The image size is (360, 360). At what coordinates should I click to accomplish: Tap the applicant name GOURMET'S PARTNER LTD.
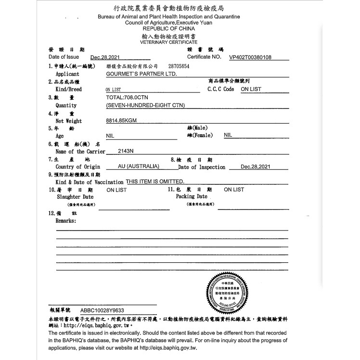coord(141,74)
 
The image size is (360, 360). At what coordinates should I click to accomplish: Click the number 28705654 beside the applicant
coord(179,65)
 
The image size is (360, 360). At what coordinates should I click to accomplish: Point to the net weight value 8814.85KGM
coord(122,121)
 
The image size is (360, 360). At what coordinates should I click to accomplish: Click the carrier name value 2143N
coord(126,151)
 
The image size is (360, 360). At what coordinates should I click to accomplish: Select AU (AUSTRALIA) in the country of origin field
coord(139,167)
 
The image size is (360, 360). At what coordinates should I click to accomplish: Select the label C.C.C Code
coord(220,89)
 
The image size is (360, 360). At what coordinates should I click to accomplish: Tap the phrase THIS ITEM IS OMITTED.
coord(155,181)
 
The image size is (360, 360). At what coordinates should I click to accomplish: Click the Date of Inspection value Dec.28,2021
coord(256,167)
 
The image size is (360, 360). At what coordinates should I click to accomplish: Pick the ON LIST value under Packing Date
coord(234,190)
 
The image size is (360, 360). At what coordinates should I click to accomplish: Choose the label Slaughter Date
coord(75,197)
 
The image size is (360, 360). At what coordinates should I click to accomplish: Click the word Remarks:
coord(66,220)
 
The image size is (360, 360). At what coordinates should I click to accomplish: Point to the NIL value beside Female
coord(228,135)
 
